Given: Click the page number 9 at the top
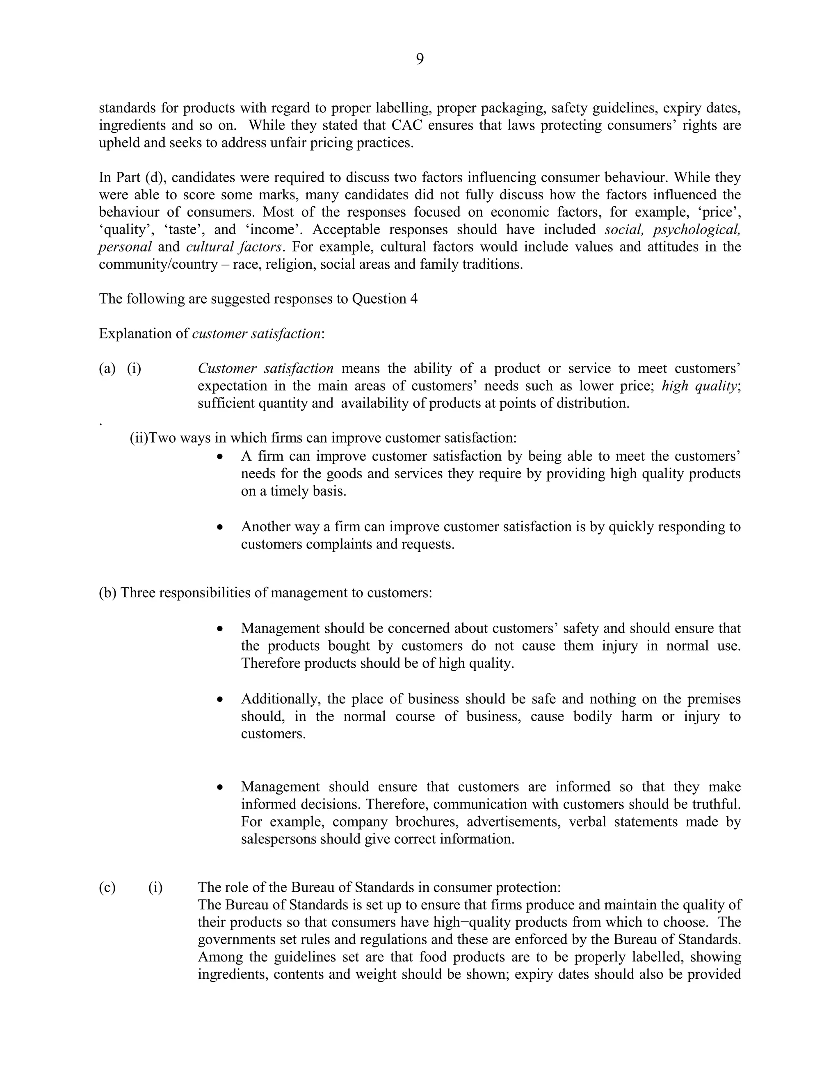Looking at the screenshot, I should tap(420, 59).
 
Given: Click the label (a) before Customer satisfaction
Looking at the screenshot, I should tap(107, 368).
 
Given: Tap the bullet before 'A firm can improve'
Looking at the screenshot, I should tap(220, 457).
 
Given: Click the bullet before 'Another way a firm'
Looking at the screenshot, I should tap(220, 527).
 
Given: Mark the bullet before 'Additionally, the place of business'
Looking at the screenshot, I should tap(220, 700).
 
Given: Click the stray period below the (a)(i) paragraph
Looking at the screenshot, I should tap(100, 424).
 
